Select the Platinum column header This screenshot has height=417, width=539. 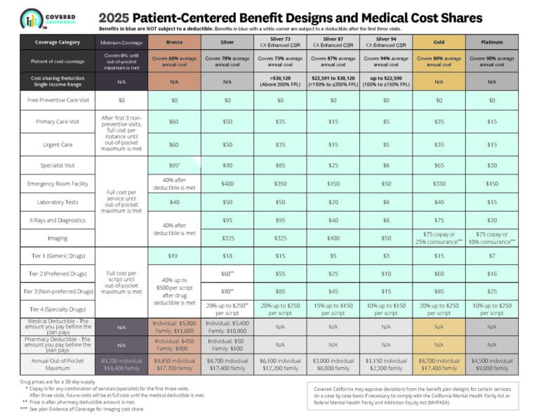(x=491, y=41)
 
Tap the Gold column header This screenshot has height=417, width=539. (x=439, y=41)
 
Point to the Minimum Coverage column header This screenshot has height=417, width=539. (x=121, y=41)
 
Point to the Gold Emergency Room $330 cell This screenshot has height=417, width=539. (x=439, y=184)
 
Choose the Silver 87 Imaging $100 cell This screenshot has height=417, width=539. (x=333, y=238)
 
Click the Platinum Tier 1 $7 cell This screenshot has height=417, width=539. (x=491, y=256)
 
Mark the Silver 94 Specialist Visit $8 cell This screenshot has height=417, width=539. (x=386, y=165)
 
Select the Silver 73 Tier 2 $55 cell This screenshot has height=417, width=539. (x=281, y=274)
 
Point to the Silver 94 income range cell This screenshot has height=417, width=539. (x=386, y=81)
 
